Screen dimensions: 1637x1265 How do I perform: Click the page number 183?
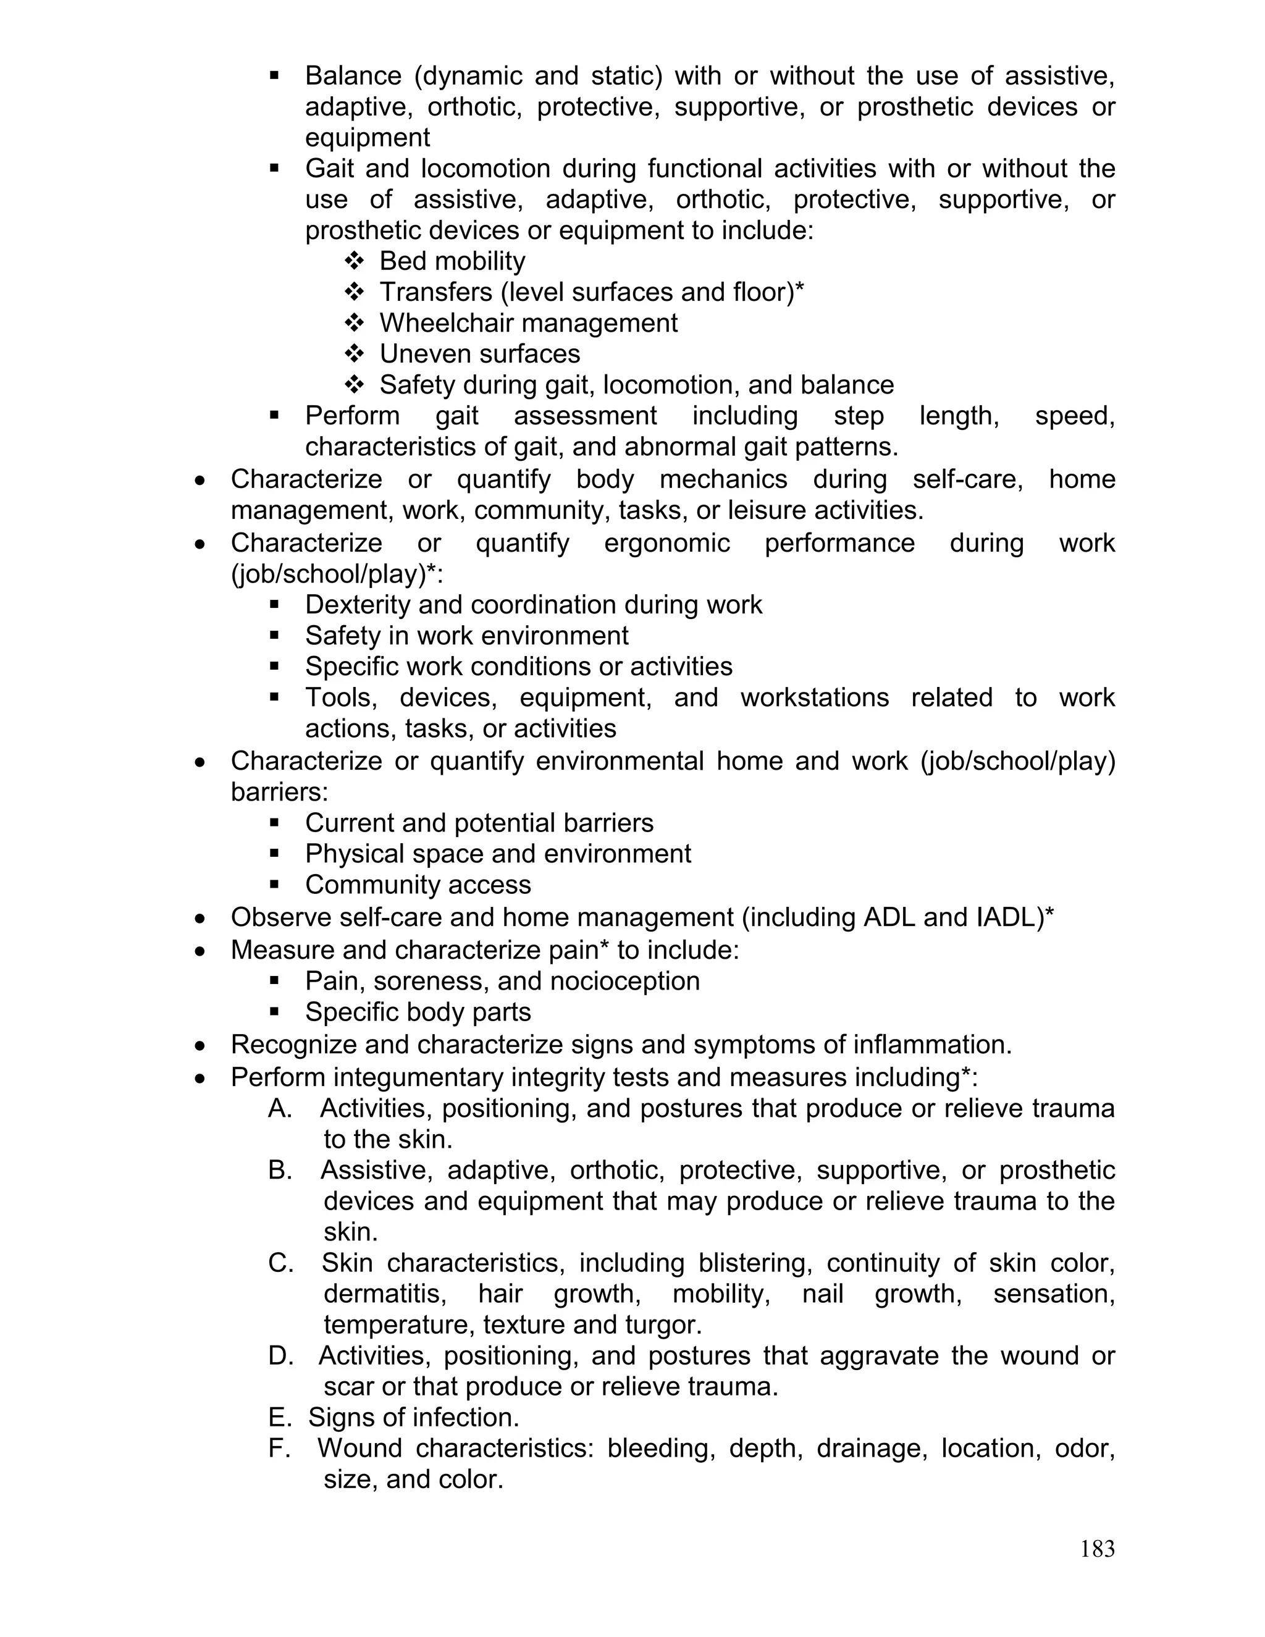1097,1548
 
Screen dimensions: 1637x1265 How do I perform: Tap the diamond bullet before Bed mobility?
354,261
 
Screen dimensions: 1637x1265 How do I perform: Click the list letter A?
279,1109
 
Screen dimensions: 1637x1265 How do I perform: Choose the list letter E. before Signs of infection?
279,1417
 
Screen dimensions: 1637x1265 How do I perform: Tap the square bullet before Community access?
274,885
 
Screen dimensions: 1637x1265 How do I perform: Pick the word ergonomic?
666,542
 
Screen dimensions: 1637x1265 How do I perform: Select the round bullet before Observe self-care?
200,918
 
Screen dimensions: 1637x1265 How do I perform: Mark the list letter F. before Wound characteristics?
279,1448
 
